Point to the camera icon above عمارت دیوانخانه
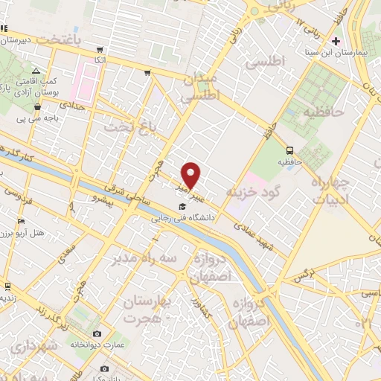(97, 333)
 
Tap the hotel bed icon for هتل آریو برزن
(22, 221)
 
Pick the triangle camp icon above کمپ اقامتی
(35, 69)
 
